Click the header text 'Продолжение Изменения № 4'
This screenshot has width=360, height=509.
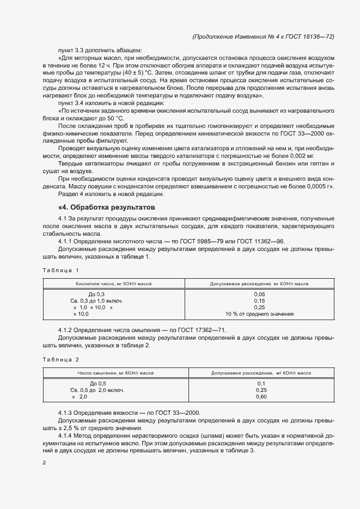(240, 36)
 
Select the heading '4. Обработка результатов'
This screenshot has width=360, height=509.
(107, 207)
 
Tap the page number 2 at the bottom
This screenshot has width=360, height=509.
(44, 462)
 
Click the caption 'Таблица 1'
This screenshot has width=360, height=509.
(60, 270)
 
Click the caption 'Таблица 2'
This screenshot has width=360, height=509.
(60, 359)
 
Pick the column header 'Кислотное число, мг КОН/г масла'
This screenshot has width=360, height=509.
(114, 284)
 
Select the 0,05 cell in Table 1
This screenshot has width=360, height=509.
(259, 294)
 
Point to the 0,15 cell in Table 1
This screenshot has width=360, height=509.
(259, 301)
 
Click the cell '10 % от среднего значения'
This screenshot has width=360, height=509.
(259, 314)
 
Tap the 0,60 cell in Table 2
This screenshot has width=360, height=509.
(260, 396)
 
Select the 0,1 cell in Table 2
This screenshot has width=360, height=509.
(260, 383)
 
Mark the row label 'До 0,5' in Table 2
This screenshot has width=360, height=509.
(97, 383)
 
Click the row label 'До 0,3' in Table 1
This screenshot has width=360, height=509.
(96, 294)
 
